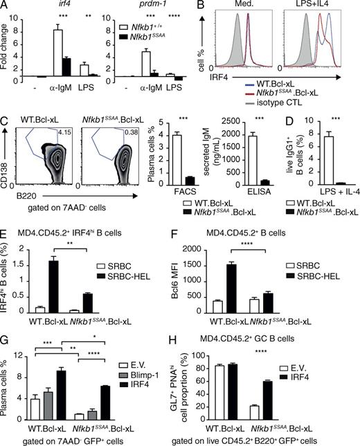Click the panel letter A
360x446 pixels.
pos(6,6)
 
